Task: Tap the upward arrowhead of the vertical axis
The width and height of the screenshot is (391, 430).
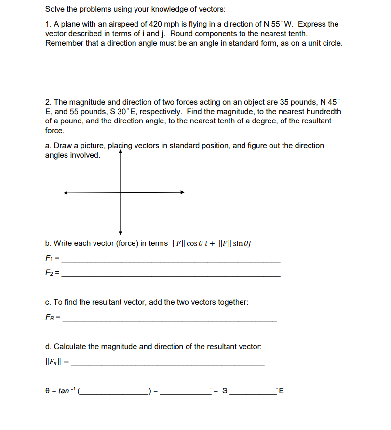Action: coord(121,153)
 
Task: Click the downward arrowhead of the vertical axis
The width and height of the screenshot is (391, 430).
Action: coord(121,230)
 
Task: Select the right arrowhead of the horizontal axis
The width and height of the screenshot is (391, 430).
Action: coord(182,192)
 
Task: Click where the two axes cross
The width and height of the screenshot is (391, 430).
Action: coord(121,192)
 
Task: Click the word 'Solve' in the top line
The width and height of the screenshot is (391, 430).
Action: coord(55,9)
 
